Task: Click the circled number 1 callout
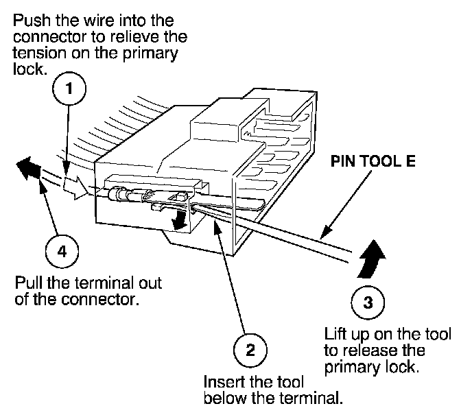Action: tap(76, 89)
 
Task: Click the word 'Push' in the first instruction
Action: tap(27, 21)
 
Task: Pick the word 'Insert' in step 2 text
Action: tap(221, 381)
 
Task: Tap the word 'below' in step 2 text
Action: tap(222, 398)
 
